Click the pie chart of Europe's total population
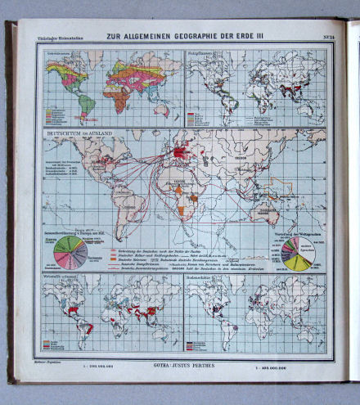pyautogui.click(x=70, y=253)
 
